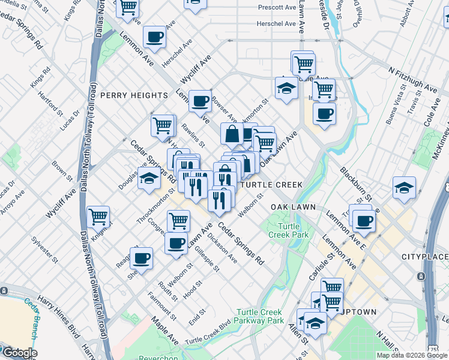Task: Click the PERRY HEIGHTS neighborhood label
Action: [134, 95]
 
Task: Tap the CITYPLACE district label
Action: [424, 257]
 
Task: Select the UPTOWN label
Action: [359, 312]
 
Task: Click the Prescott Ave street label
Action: [277, 8]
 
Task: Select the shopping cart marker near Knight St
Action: [98, 216]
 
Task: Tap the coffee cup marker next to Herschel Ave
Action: [155, 37]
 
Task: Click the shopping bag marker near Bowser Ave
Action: [232, 134]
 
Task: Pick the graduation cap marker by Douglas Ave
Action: [149, 178]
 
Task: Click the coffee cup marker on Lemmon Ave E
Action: [364, 221]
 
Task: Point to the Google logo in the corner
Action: [19, 353]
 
